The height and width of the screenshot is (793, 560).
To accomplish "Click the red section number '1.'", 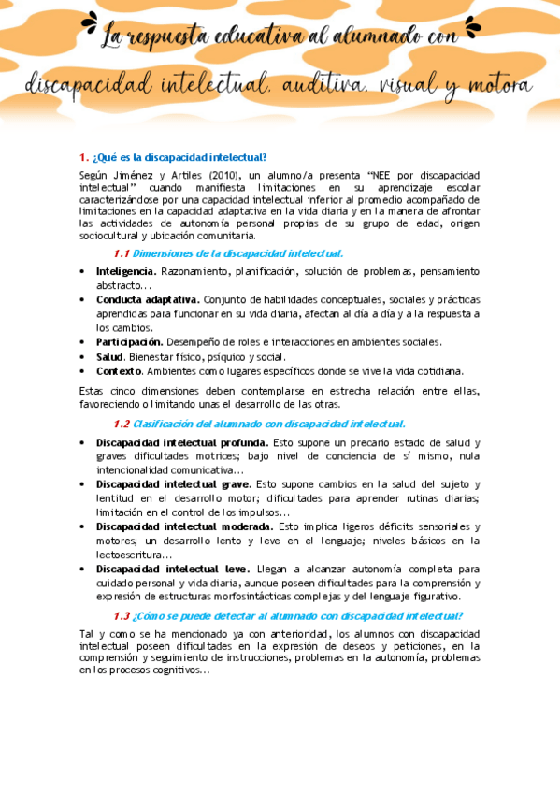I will tap(84, 157).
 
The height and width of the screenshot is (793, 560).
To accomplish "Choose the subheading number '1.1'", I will tap(121, 253).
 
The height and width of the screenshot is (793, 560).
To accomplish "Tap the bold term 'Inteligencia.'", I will tap(126, 271).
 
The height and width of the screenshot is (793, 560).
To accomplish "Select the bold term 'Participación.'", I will tap(130, 342).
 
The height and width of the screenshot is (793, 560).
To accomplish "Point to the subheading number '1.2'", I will tap(121, 424).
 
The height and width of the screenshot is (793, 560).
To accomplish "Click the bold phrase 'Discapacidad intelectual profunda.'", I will tap(182, 442).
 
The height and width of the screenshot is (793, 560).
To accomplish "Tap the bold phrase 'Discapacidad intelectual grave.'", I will tap(174, 484).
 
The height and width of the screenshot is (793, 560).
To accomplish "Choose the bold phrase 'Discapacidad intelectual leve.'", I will tap(173, 569).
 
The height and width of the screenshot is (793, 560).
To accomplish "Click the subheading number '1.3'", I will tap(121, 615).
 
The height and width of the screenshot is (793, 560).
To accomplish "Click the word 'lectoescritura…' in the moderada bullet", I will tap(133, 555).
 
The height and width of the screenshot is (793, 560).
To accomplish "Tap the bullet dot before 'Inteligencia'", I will tap(83, 271).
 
